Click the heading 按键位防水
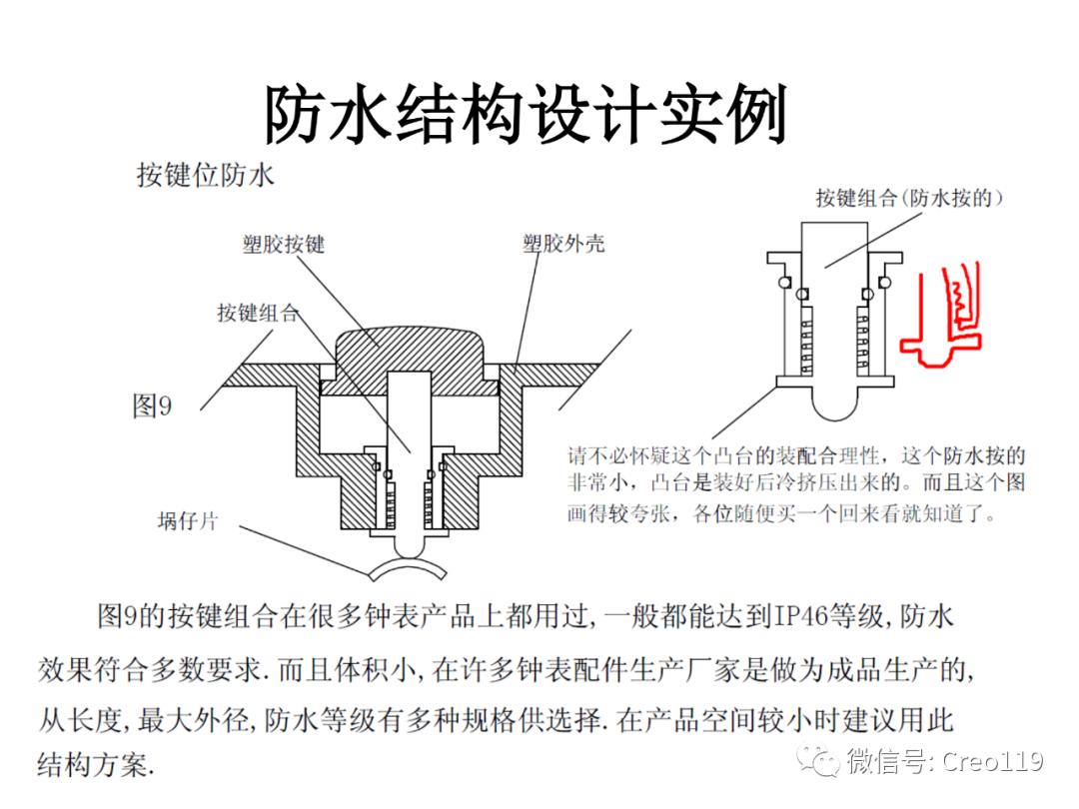pyautogui.click(x=204, y=177)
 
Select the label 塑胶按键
pyautogui.click(x=284, y=244)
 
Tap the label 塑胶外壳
pyautogui.click(x=563, y=243)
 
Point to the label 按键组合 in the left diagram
pyautogui.click(x=258, y=313)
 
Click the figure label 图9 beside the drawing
pyautogui.click(x=153, y=406)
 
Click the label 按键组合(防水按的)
pyautogui.click(x=908, y=198)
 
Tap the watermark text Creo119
pyautogui.click(x=990, y=763)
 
